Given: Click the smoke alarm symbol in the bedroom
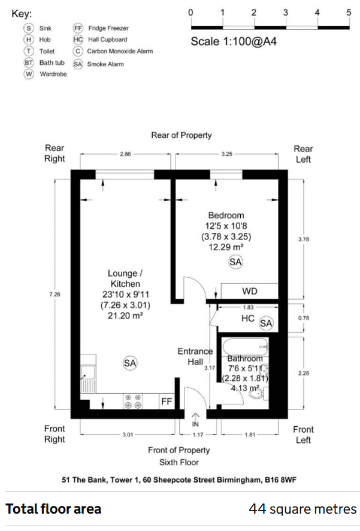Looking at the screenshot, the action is coord(235,262).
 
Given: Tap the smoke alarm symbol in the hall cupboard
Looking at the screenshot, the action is coord(266,323).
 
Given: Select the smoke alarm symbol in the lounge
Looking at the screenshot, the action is coord(130,363).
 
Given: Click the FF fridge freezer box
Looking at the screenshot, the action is coord(167,401).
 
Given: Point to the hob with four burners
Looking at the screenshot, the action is coord(133,401).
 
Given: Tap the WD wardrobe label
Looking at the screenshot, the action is coord(250,291).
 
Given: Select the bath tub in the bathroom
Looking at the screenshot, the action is coord(246,347).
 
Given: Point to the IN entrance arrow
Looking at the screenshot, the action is coord(196,420).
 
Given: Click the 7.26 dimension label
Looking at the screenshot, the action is coord(55,295).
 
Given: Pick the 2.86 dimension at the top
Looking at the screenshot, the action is coord(125,154).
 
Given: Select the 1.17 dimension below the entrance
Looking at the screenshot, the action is coord(198,435).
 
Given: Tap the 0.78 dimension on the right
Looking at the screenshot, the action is coord(303,318).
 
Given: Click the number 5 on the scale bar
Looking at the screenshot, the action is coord(349,13).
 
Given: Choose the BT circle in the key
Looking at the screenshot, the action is coord(29,63).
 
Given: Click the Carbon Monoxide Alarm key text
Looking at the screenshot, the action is coord(120,51).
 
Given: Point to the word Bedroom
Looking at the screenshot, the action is coord(226,216).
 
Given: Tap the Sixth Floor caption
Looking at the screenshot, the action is coord(179,462).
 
